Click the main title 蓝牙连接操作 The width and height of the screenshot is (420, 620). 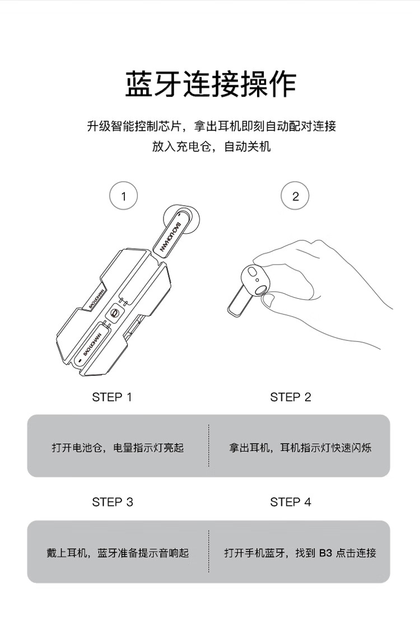tap(211, 84)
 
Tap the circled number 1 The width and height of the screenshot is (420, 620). tap(123, 196)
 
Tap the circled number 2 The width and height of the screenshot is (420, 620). tap(295, 196)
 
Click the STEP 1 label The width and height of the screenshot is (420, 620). tap(112, 397)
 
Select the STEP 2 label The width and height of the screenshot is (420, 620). tap(291, 397)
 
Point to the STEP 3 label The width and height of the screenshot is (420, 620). tap(113, 502)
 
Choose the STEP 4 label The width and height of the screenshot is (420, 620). tap(291, 502)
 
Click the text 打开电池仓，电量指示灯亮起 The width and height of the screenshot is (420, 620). tap(118, 447)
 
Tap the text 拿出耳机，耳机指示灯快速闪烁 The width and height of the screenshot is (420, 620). tap(300, 447)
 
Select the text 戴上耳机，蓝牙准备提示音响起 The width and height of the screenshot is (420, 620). tap(118, 553)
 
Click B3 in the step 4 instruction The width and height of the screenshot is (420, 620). tap(325, 553)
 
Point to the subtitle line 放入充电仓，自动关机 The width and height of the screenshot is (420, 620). tap(211, 147)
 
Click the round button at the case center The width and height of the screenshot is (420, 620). tap(115, 313)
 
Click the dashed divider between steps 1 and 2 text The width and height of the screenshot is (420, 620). tap(209, 446)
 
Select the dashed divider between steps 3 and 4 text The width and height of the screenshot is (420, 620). tap(209, 551)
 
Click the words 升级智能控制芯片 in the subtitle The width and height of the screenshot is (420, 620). tap(134, 126)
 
